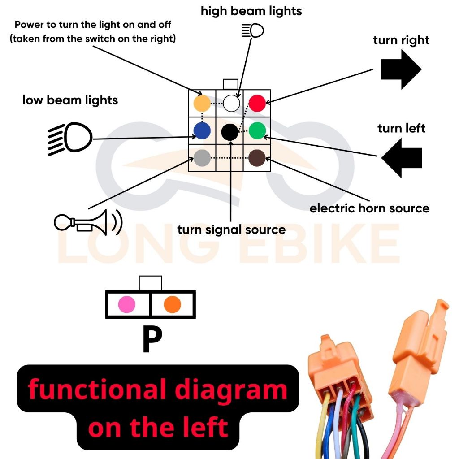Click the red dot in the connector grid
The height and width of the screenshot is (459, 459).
(x=257, y=104)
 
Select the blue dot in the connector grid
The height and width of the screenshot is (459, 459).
(x=202, y=131)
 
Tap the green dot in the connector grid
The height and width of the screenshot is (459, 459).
(x=257, y=131)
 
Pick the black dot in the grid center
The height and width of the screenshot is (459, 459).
(x=230, y=131)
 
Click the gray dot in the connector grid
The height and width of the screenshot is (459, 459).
(x=202, y=157)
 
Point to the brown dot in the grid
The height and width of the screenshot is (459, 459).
(x=257, y=157)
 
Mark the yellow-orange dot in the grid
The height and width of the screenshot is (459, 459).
(x=202, y=104)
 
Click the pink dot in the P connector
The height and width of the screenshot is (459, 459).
(x=126, y=304)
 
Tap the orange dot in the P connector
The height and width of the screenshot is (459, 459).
(x=172, y=304)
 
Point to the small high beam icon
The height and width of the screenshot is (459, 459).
(x=252, y=30)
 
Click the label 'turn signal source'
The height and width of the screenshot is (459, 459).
(x=231, y=230)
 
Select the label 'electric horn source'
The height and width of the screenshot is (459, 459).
(x=369, y=208)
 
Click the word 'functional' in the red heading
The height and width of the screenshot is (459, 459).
(x=98, y=389)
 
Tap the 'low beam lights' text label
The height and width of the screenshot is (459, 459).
(x=70, y=100)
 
